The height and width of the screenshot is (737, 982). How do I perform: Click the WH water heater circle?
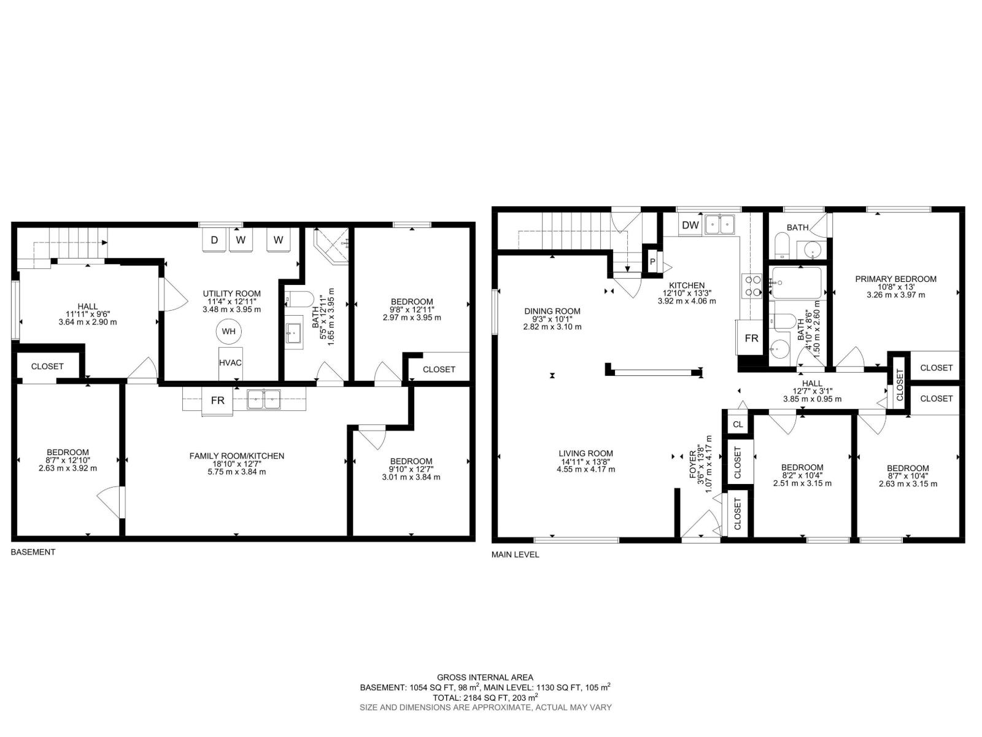click(228, 332)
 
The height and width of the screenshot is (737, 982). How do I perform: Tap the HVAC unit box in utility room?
click(230, 363)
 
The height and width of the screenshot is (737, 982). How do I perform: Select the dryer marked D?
click(214, 240)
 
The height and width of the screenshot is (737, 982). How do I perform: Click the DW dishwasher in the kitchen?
click(690, 225)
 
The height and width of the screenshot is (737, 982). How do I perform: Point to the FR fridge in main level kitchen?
click(751, 338)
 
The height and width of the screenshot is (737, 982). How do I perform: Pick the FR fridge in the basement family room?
click(217, 401)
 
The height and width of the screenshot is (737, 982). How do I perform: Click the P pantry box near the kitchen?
click(652, 262)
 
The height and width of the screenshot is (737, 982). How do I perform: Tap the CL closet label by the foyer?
click(738, 424)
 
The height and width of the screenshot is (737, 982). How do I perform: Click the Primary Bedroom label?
click(895, 279)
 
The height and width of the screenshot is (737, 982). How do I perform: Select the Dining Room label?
click(552, 311)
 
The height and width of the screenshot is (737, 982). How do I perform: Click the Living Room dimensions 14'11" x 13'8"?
click(586, 461)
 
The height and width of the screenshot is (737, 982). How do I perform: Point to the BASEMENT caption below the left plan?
click(33, 552)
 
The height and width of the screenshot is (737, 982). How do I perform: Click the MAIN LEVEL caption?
click(515, 555)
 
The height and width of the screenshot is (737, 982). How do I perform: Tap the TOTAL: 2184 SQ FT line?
click(485, 698)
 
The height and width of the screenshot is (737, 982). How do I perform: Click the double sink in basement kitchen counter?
click(264, 400)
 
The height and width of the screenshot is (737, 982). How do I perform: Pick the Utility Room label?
click(231, 294)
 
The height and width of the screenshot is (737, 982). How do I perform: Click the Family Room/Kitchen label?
click(236, 456)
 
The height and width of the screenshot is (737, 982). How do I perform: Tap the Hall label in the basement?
click(87, 306)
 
